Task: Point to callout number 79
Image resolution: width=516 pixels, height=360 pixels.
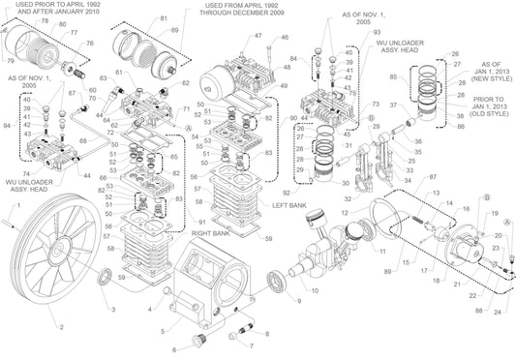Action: click(10, 62)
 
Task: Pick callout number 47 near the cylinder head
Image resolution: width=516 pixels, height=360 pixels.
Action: click(258, 36)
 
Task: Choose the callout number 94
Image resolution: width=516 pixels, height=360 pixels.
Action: click(9, 126)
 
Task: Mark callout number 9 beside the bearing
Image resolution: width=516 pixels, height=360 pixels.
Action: click(298, 300)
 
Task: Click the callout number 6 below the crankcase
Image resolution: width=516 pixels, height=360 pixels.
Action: click(174, 349)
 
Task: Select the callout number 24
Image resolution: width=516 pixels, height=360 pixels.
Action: click(498, 312)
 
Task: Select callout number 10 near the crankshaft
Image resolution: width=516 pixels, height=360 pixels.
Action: click(314, 290)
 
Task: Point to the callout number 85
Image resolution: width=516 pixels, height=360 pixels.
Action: click(393, 76)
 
